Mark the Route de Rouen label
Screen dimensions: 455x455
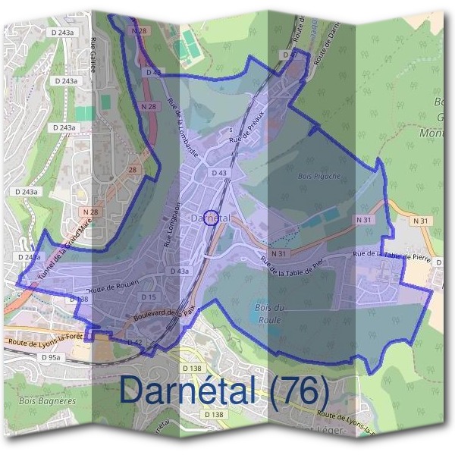tap(115, 287)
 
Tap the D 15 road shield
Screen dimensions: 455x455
tap(149, 297)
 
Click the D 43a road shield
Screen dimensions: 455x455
tap(180, 271)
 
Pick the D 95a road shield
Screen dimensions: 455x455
tap(51, 356)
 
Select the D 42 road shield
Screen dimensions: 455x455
tap(135, 343)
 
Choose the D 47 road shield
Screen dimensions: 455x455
tap(289, 55)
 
